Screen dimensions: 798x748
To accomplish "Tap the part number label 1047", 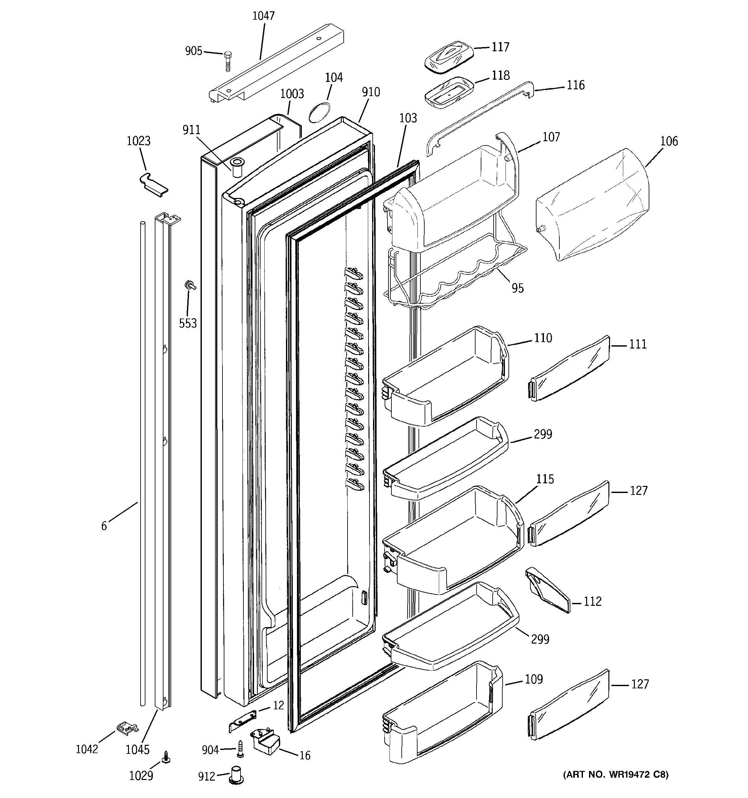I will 263,16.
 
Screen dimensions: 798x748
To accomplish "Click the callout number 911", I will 191,130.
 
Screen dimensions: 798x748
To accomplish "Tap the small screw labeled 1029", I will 165,757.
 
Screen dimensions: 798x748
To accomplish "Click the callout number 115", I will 545,479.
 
